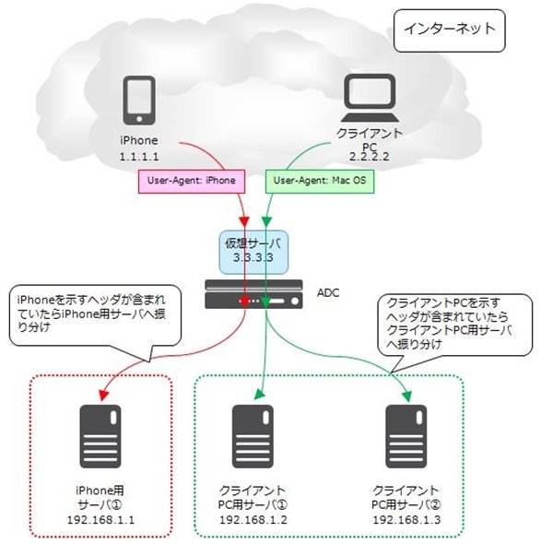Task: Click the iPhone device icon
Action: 139,101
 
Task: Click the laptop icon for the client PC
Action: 369,98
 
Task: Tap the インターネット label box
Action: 450,30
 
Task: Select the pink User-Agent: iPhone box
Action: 192,181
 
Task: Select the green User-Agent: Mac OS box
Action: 320,181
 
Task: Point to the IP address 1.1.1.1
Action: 139,157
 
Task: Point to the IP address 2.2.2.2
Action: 369,157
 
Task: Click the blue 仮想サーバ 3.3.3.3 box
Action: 253,252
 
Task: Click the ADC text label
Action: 328,293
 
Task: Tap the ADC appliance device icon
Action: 253,294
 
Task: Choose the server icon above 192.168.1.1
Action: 100,436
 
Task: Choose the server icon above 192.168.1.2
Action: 253,436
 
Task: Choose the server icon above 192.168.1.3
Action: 406,436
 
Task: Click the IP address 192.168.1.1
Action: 100,520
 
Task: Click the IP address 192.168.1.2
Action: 253,520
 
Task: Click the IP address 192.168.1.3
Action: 406,520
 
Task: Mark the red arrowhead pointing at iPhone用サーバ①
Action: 104,396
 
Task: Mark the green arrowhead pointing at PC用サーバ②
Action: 406,396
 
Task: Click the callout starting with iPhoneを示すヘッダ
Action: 95,315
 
